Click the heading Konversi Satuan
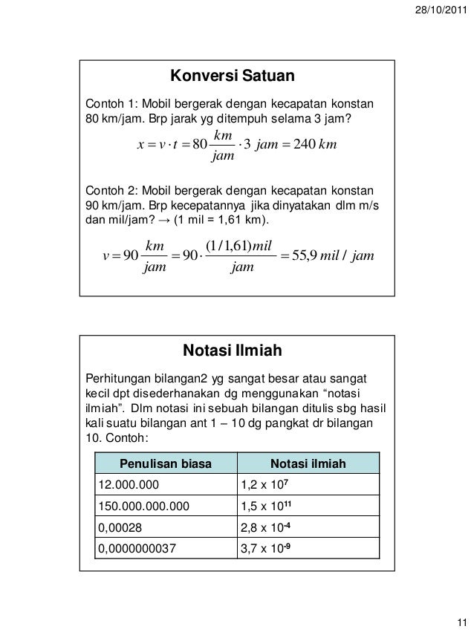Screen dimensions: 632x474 (233, 76)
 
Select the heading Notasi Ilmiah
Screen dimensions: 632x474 (233, 350)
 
